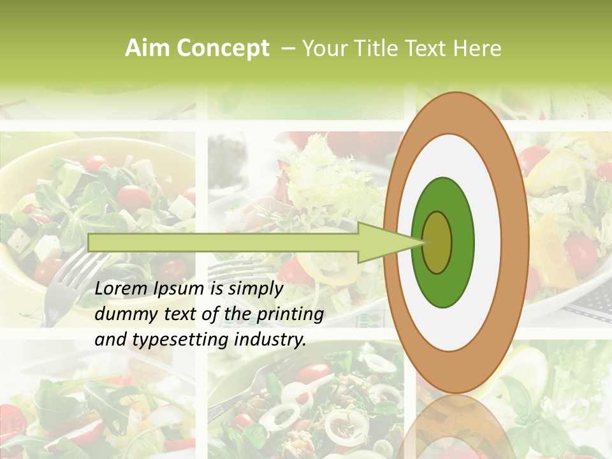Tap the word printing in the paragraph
(290, 314)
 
